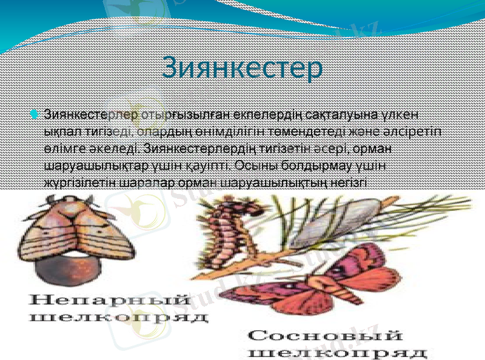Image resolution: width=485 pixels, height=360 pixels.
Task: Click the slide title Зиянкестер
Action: (x=242, y=68)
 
